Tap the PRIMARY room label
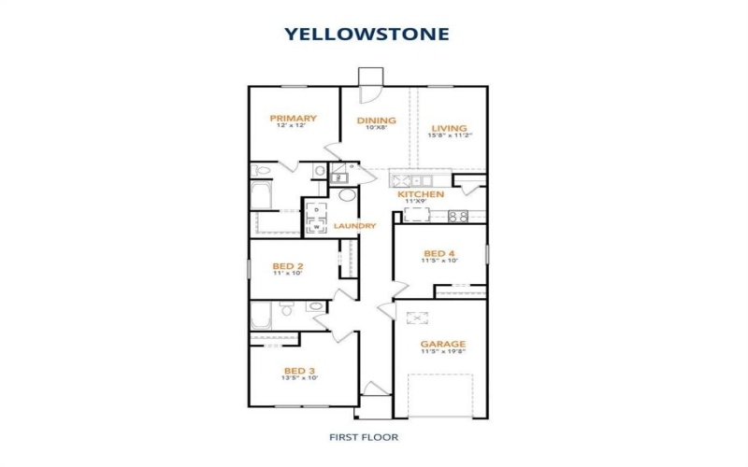click(293, 119)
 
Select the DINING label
click(377, 120)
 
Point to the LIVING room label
click(449, 128)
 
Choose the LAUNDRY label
click(354, 226)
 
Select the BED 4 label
click(439, 253)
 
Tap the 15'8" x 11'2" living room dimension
click(449, 136)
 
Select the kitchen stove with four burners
click(457, 216)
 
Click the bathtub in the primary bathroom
click(261, 197)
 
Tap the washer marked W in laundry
click(316, 225)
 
